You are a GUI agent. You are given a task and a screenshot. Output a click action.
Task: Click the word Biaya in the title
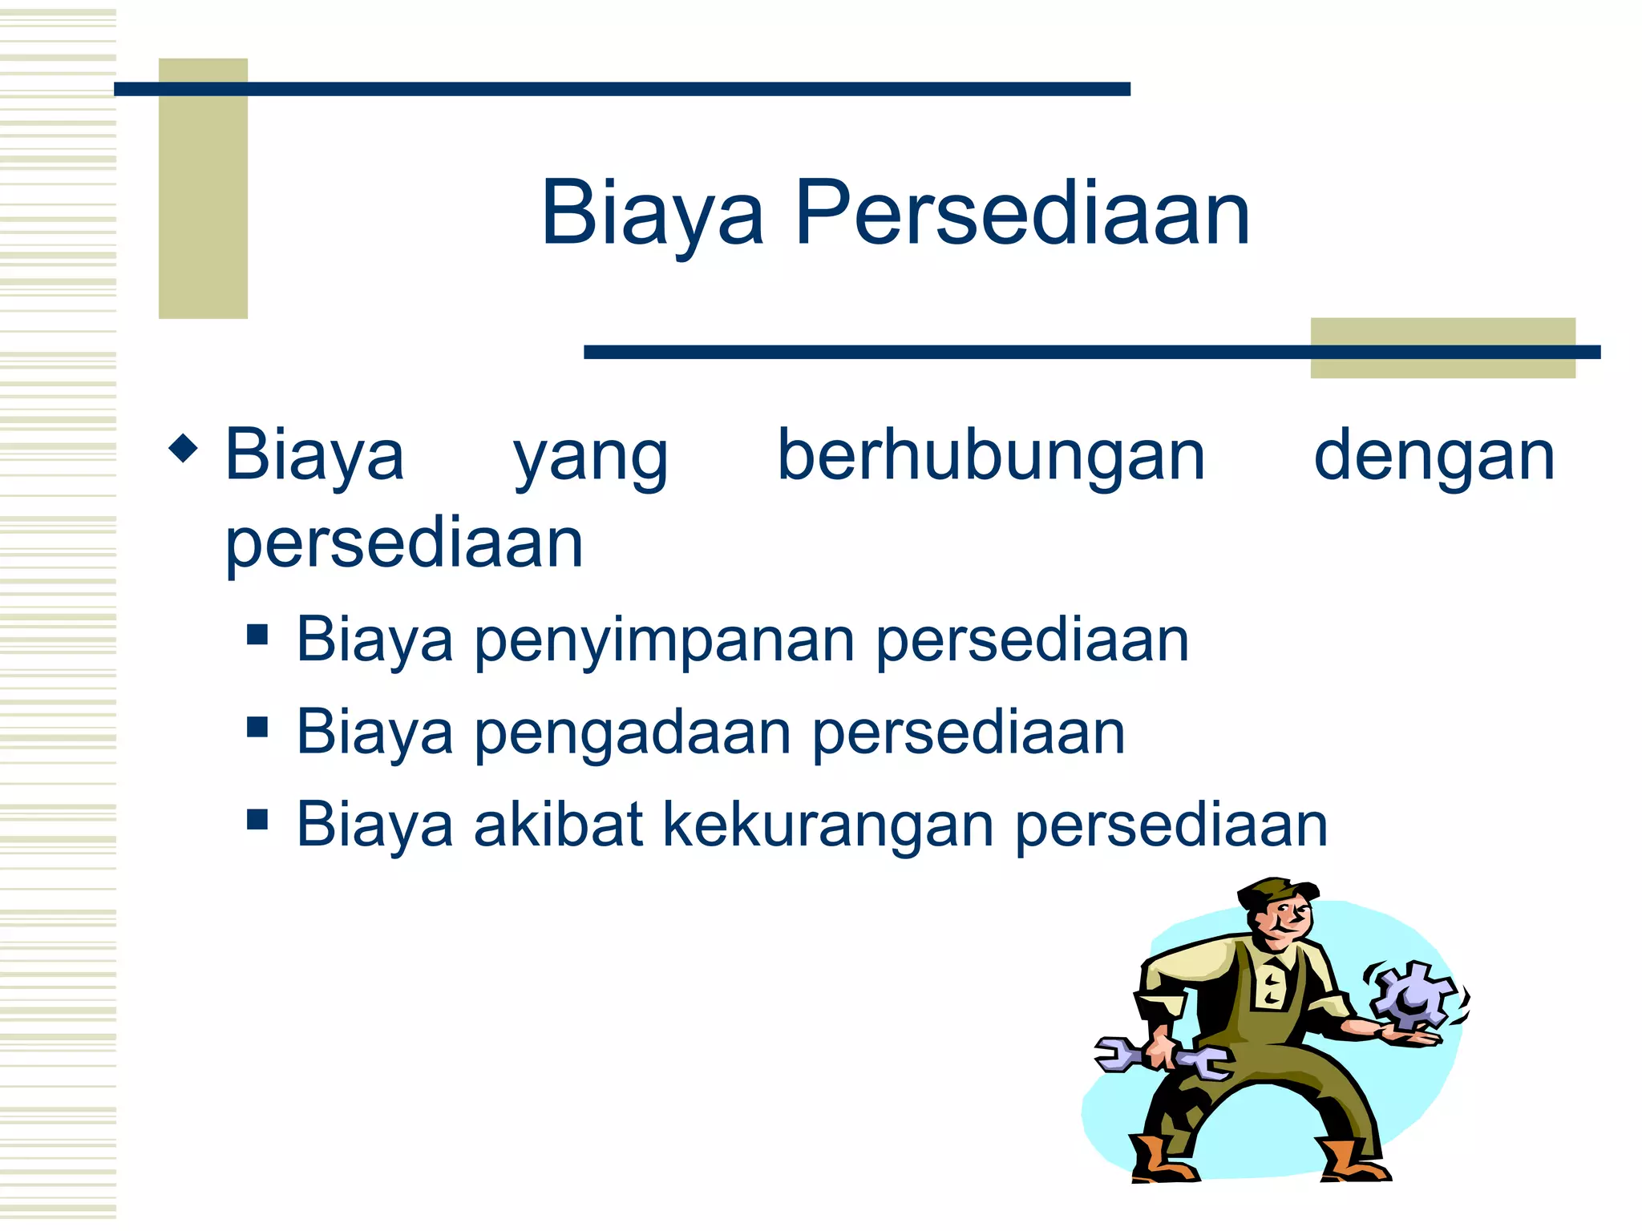(653, 213)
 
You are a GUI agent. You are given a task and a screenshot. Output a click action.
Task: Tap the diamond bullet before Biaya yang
(184, 448)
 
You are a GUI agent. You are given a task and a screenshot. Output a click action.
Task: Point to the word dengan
(1434, 457)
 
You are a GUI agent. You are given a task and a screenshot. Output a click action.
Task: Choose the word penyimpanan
(665, 641)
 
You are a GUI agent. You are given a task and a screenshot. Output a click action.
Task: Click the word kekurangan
(828, 825)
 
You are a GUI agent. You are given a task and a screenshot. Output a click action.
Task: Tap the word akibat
(558, 825)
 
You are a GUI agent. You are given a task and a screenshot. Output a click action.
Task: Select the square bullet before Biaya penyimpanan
(257, 636)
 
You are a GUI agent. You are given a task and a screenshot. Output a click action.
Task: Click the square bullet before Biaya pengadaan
(257, 728)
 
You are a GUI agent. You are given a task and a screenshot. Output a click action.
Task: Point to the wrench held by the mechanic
(1163, 1057)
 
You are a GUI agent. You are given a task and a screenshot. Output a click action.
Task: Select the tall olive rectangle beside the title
(203, 188)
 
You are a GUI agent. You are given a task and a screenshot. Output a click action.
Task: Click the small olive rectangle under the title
(1442, 348)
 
